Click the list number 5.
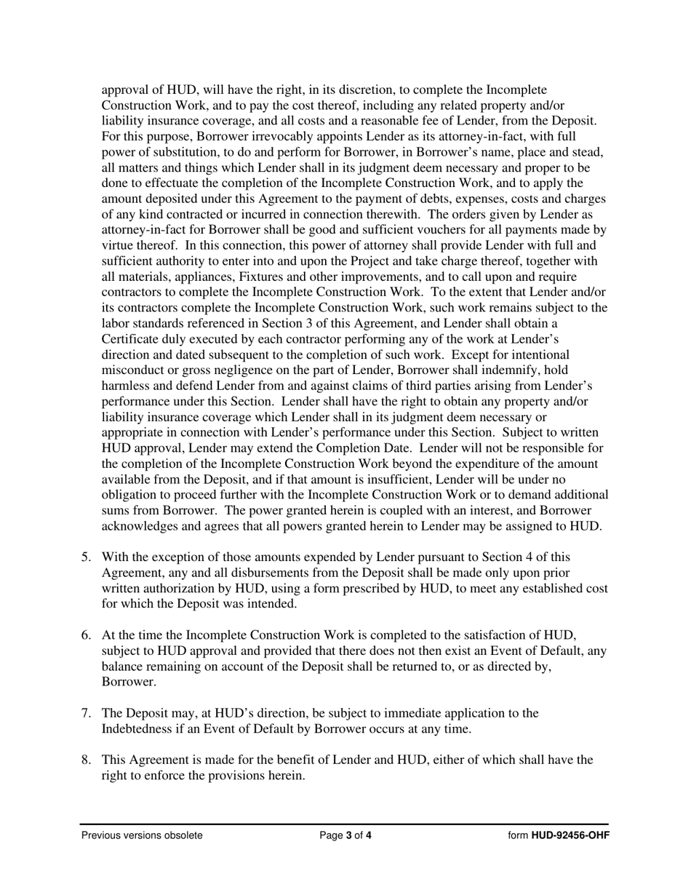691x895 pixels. click(x=85, y=557)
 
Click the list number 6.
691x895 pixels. click(x=85, y=635)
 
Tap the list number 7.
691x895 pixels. click(x=85, y=713)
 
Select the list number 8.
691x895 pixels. click(x=85, y=760)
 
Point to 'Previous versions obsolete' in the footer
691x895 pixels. click(x=142, y=835)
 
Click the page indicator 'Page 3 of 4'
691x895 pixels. click(x=345, y=835)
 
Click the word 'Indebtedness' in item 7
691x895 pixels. click(x=139, y=729)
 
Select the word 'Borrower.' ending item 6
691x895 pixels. click(x=129, y=683)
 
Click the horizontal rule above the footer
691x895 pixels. click(x=345, y=824)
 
